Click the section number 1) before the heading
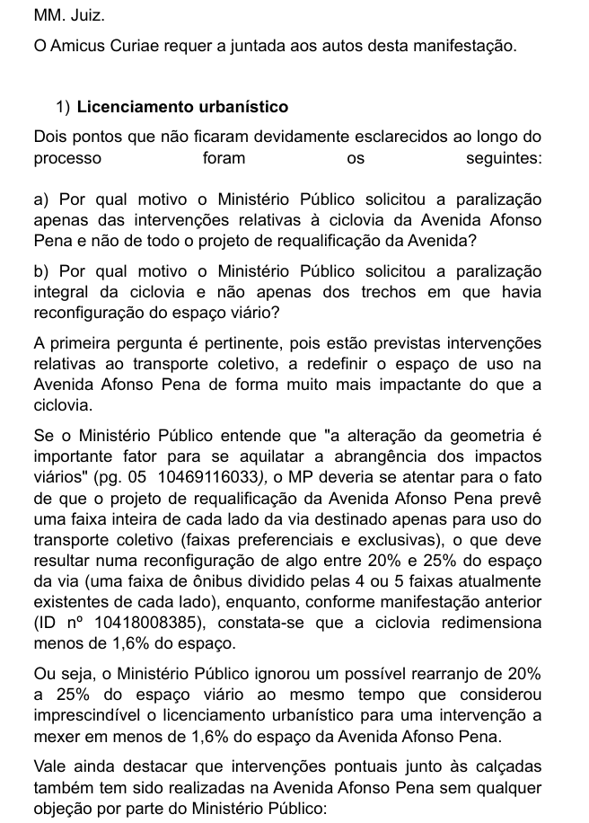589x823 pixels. pos(63,108)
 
